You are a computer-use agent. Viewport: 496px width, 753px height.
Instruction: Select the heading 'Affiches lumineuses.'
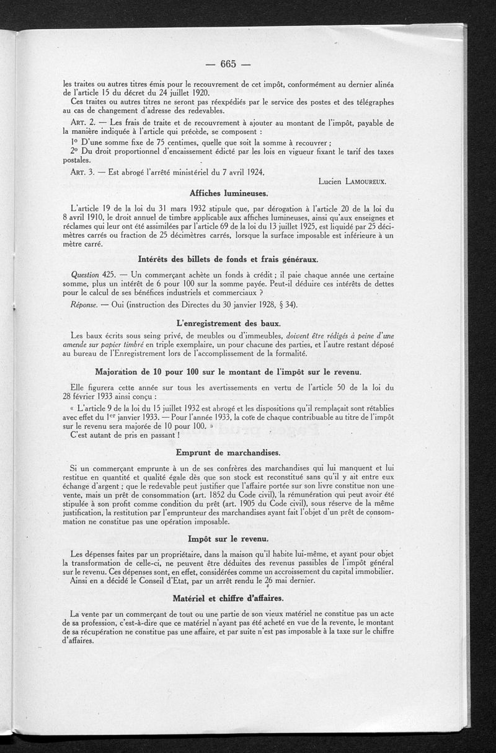click(229, 193)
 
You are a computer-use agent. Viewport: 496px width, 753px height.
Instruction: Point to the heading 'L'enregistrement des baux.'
click(229, 323)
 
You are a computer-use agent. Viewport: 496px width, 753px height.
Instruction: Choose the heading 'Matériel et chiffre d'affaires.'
click(229, 598)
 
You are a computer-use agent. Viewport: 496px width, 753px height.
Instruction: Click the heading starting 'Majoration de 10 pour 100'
click(229, 371)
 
